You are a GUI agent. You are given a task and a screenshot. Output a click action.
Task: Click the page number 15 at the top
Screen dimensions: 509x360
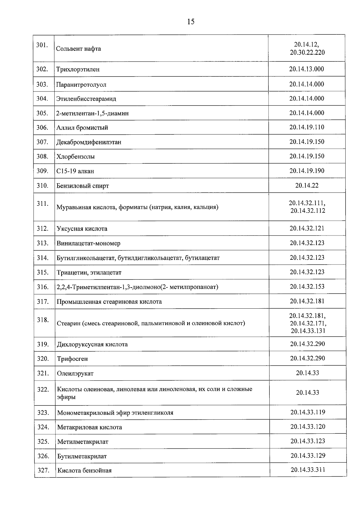point(190,22)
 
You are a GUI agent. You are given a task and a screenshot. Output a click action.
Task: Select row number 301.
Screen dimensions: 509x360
point(42,45)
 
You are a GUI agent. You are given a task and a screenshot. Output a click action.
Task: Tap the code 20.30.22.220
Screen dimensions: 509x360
point(307,52)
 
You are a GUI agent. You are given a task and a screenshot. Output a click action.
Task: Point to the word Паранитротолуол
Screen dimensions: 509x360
point(81,85)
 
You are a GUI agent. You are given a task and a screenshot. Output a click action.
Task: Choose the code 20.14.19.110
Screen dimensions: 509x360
point(307,127)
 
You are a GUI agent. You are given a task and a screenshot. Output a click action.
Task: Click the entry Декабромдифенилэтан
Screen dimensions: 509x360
point(89,142)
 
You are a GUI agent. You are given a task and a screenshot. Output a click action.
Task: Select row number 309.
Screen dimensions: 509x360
point(42,171)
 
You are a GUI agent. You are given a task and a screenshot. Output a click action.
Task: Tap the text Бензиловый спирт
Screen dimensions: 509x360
point(82,186)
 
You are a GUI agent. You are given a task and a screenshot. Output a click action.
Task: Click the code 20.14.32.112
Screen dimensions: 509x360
point(307,211)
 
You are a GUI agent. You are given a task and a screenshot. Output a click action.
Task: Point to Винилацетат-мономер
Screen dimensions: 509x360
point(88,243)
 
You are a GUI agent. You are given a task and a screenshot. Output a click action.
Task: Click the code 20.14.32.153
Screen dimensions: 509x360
point(307,287)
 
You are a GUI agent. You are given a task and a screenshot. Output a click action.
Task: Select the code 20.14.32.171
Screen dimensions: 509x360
point(308,323)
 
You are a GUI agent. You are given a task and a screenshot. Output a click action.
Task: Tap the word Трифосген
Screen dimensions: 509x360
point(72,359)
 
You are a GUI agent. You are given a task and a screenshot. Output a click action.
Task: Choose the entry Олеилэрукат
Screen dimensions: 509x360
point(75,373)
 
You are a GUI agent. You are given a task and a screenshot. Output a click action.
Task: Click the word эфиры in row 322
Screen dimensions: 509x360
point(66,397)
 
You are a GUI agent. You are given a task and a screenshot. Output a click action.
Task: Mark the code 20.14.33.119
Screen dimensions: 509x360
point(307,412)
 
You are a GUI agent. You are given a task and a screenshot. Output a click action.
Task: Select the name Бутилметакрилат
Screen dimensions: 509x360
point(82,456)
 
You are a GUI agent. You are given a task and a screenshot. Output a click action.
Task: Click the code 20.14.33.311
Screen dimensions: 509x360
point(307,470)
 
